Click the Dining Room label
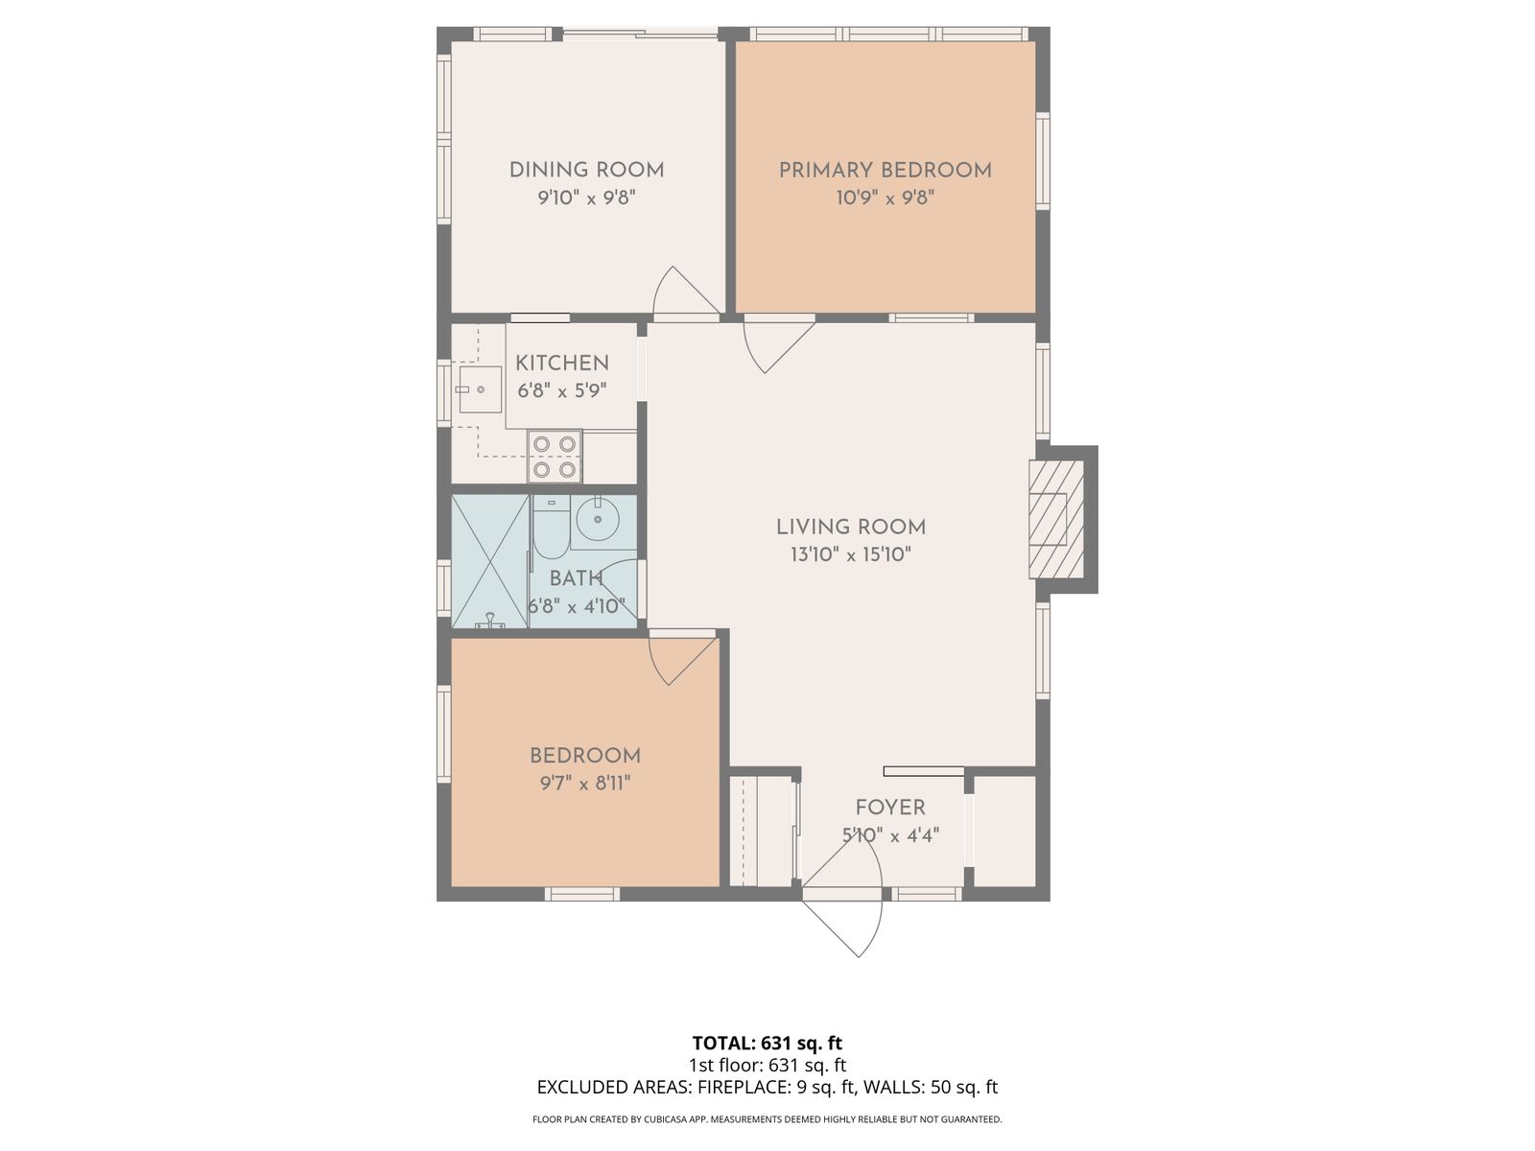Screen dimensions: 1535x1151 586,170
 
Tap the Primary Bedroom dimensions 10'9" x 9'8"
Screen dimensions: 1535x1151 886,198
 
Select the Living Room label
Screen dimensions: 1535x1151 851,527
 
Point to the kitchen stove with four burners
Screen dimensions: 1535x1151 555,456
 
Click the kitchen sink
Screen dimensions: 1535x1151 480,389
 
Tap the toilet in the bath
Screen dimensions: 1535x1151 551,528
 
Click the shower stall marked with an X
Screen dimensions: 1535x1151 489,561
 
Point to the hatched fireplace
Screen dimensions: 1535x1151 1056,519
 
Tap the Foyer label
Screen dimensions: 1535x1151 890,808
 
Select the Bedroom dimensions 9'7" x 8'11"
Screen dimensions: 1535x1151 585,784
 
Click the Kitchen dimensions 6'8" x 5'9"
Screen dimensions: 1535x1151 561,390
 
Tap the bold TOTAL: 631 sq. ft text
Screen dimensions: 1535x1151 767,1044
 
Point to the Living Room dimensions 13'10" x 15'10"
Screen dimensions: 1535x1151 851,555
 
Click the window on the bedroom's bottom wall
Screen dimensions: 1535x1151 581,894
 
